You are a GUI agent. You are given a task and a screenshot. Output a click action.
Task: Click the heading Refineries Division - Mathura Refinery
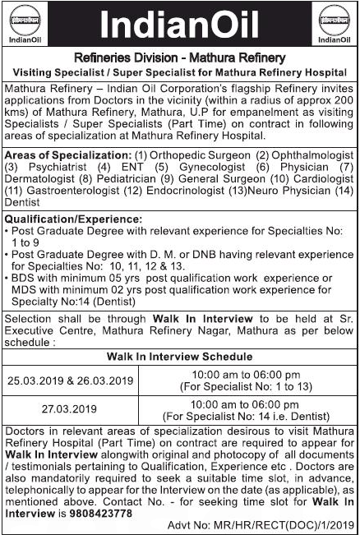click(x=179, y=58)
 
